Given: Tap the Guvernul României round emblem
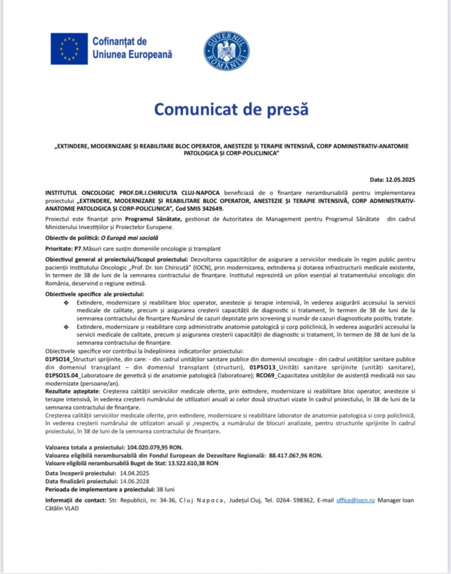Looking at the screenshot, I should pos(226,51).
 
